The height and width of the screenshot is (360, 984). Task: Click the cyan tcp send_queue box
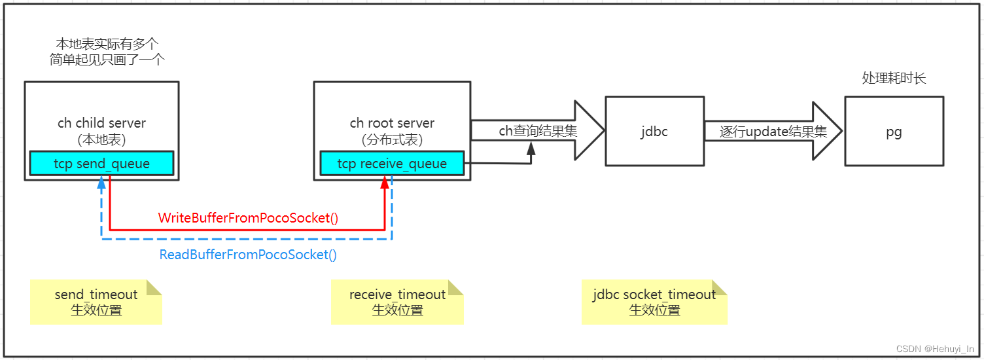pyautogui.click(x=101, y=164)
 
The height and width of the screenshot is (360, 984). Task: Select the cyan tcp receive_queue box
pyautogui.click(x=392, y=164)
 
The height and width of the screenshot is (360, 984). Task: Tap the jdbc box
pyautogui.click(x=654, y=131)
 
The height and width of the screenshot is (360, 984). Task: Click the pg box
pyautogui.click(x=894, y=131)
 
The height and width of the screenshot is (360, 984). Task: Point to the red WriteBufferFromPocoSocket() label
pyautogui.click(x=248, y=218)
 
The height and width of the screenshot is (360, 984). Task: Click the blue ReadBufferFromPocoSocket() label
pyautogui.click(x=248, y=255)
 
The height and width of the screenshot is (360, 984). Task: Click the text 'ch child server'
pyautogui.click(x=101, y=123)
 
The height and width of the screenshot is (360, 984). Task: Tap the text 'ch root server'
pyautogui.click(x=392, y=123)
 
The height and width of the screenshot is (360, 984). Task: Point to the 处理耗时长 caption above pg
pyautogui.click(x=894, y=79)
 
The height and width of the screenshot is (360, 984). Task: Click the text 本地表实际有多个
pyautogui.click(x=107, y=44)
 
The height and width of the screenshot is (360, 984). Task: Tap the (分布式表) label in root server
pyautogui.click(x=392, y=139)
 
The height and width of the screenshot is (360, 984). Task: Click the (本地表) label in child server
pyautogui.click(x=101, y=139)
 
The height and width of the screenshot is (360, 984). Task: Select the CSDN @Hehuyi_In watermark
pyautogui.click(x=935, y=349)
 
